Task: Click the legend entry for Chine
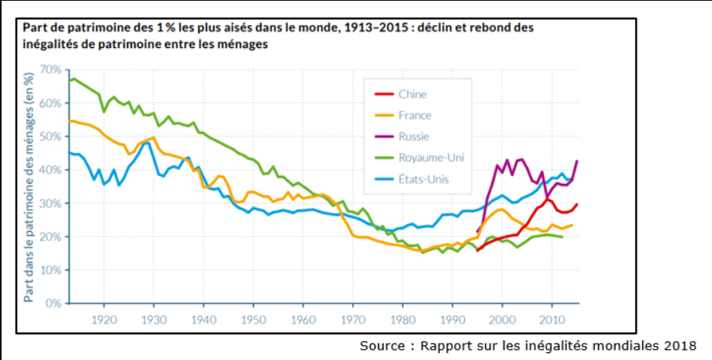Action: pos(413,94)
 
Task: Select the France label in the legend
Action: pos(415,116)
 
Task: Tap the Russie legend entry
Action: pos(413,136)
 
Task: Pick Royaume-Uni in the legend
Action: pos(431,157)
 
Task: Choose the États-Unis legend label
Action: pos(424,179)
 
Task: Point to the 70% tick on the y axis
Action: pos(51,70)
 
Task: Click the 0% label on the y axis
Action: pos(53,303)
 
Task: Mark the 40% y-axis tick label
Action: pos(51,170)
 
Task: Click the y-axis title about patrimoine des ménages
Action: pos(28,186)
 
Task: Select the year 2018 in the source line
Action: pos(681,346)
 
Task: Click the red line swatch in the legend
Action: pos(384,94)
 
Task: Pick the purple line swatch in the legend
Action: pos(384,136)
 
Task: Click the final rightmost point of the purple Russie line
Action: pos(577,160)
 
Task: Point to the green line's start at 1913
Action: pos(69,81)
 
